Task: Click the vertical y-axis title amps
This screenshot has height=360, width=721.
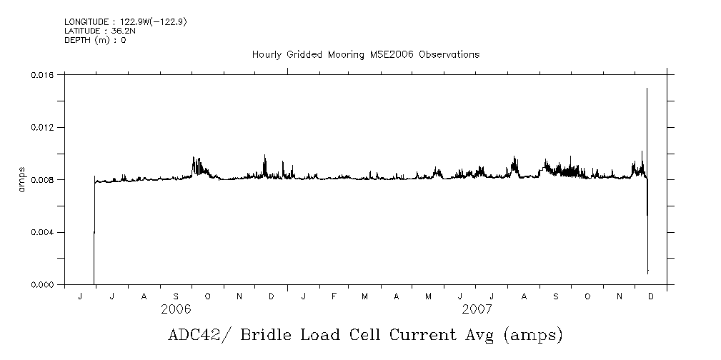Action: pyautogui.click(x=22, y=180)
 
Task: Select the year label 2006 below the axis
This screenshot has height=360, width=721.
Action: pyautogui.click(x=176, y=309)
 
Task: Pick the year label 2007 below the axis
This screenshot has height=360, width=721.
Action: pyautogui.click(x=477, y=309)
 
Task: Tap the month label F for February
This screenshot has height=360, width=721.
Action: pyautogui.click(x=334, y=296)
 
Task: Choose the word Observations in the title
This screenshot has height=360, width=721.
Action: pyautogui.click(x=449, y=54)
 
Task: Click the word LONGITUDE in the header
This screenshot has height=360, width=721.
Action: pyautogui.click(x=85, y=22)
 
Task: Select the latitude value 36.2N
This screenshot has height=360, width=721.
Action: pyautogui.click(x=116, y=31)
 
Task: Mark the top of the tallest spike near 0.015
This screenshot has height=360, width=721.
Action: pyautogui.click(x=647, y=89)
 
